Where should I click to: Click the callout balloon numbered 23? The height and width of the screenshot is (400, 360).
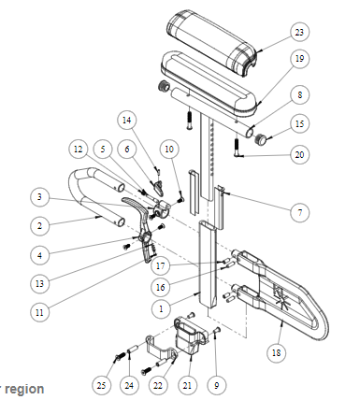(299, 32)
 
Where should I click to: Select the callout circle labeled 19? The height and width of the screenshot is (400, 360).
(299, 59)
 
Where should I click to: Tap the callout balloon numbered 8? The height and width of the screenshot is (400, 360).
(299, 94)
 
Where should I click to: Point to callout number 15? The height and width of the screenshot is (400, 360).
(299, 123)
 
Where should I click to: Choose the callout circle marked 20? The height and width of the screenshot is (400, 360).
(299, 154)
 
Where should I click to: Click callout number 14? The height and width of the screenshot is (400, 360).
(127, 121)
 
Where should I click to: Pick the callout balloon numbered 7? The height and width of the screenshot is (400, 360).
(300, 213)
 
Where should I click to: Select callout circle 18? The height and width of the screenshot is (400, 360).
(277, 352)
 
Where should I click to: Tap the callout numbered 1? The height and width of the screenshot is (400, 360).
(161, 309)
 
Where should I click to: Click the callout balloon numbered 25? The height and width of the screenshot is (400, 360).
(102, 386)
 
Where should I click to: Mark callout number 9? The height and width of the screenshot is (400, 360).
(216, 386)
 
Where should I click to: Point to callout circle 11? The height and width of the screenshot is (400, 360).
(39, 312)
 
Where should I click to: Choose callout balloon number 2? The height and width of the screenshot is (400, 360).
(39, 226)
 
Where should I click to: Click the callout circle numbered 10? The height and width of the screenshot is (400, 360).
(169, 150)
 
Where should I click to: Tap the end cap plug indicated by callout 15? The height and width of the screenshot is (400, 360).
(261, 139)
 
